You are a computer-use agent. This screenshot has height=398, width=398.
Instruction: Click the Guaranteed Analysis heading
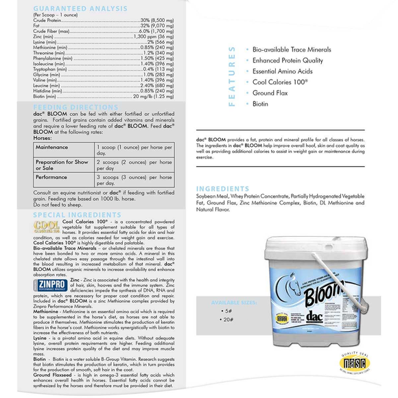click(71, 8)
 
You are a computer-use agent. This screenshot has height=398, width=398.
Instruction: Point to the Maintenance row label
click(52, 147)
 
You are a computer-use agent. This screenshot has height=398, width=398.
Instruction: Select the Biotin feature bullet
click(261, 104)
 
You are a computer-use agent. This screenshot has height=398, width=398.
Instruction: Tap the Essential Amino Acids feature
click(283, 71)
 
